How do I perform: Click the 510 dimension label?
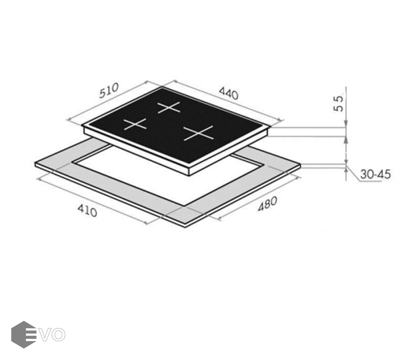point(109,90)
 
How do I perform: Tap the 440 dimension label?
point(229,94)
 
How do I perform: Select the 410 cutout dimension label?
point(87,210)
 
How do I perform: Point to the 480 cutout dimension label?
point(267,204)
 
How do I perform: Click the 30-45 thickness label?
point(376,174)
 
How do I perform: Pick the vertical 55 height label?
point(339,104)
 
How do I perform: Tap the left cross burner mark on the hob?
point(135,124)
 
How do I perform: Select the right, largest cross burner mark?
point(199,133)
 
